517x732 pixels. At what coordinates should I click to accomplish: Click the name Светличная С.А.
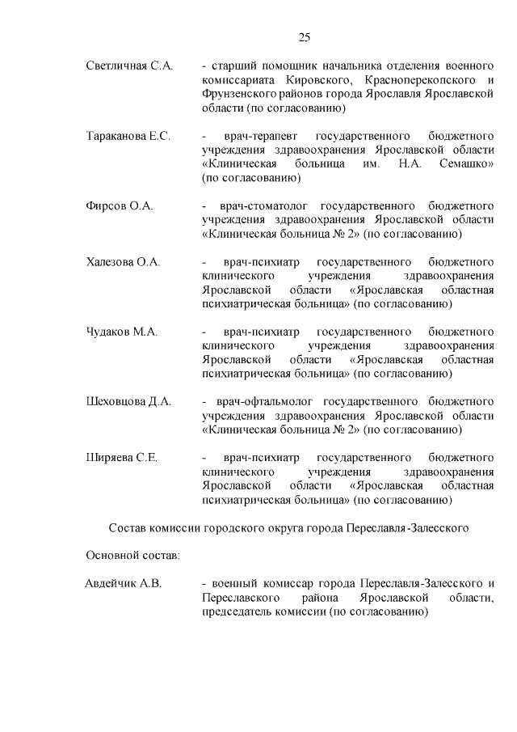point(129,66)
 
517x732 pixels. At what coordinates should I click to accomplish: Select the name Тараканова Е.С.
point(128,136)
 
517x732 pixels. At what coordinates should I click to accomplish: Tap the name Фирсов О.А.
point(120,206)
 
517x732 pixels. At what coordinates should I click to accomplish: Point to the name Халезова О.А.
point(124,262)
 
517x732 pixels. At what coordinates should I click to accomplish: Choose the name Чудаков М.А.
point(122,332)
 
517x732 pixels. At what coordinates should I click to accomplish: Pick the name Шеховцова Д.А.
point(128,401)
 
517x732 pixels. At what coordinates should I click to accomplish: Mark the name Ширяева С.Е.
point(121,458)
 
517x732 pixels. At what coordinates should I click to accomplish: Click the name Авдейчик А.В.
point(124,583)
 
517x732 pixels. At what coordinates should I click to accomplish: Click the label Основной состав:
point(132,556)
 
